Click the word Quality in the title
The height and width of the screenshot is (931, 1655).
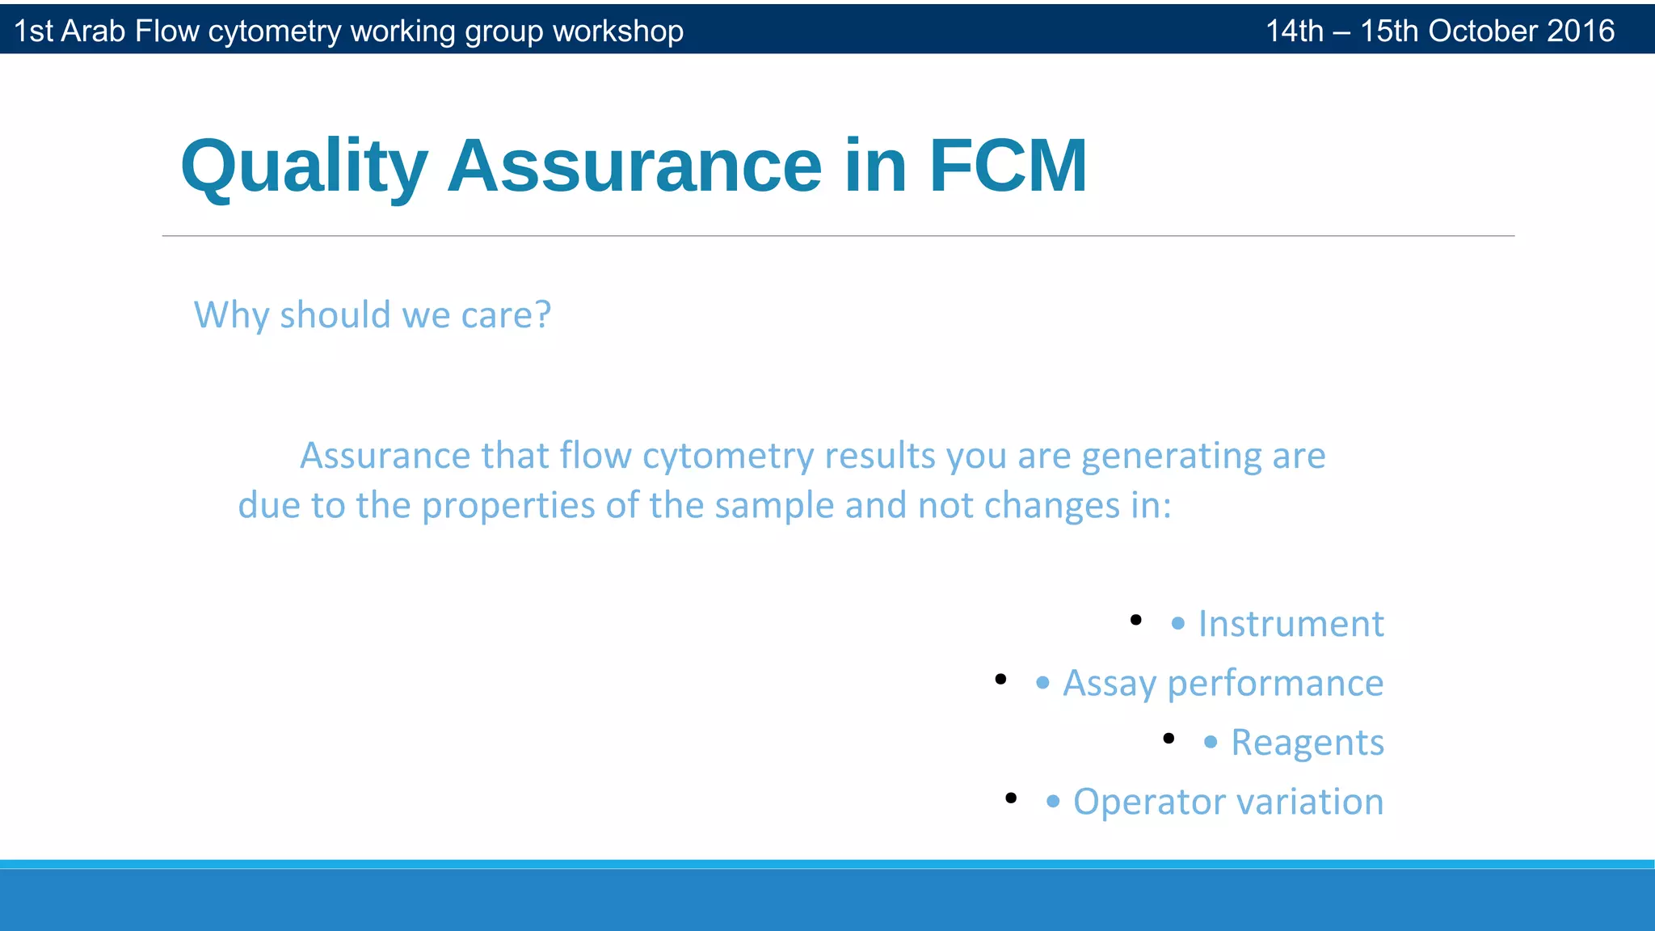(303, 166)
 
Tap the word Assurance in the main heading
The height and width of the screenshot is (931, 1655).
(634, 166)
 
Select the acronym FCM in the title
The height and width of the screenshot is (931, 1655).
(1008, 166)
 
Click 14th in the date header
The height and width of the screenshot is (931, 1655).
(1294, 31)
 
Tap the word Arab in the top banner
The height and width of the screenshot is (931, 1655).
(94, 31)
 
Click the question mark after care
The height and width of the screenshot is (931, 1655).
(543, 314)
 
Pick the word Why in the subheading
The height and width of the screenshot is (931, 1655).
(231, 314)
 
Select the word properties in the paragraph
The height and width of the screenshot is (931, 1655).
(508, 506)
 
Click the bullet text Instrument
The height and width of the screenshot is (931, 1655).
(1291, 624)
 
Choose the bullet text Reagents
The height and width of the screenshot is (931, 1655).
(1307, 743)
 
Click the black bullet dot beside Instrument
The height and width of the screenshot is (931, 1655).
(1135, 620)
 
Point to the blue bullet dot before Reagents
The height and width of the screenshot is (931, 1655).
(1210, 742)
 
